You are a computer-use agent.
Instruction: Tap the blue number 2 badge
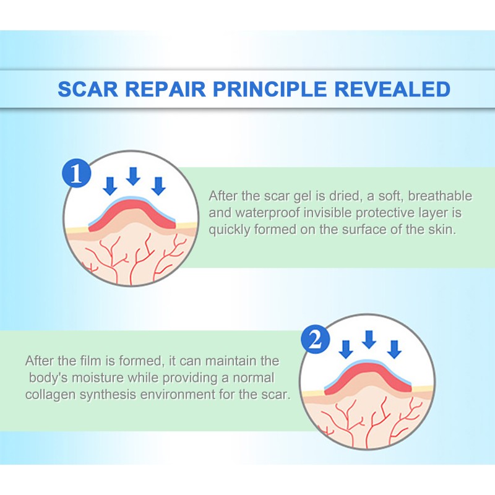[x=314, y=341]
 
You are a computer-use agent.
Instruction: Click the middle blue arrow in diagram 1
[x=133, y=176]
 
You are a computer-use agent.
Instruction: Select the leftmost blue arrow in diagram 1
[x=110, y=185]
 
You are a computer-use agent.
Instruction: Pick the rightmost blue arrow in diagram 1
[x=158, y=185]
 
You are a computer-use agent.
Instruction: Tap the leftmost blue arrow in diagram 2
[x=346, y=348]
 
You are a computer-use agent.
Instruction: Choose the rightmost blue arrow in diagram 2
[x=393, y=348]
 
